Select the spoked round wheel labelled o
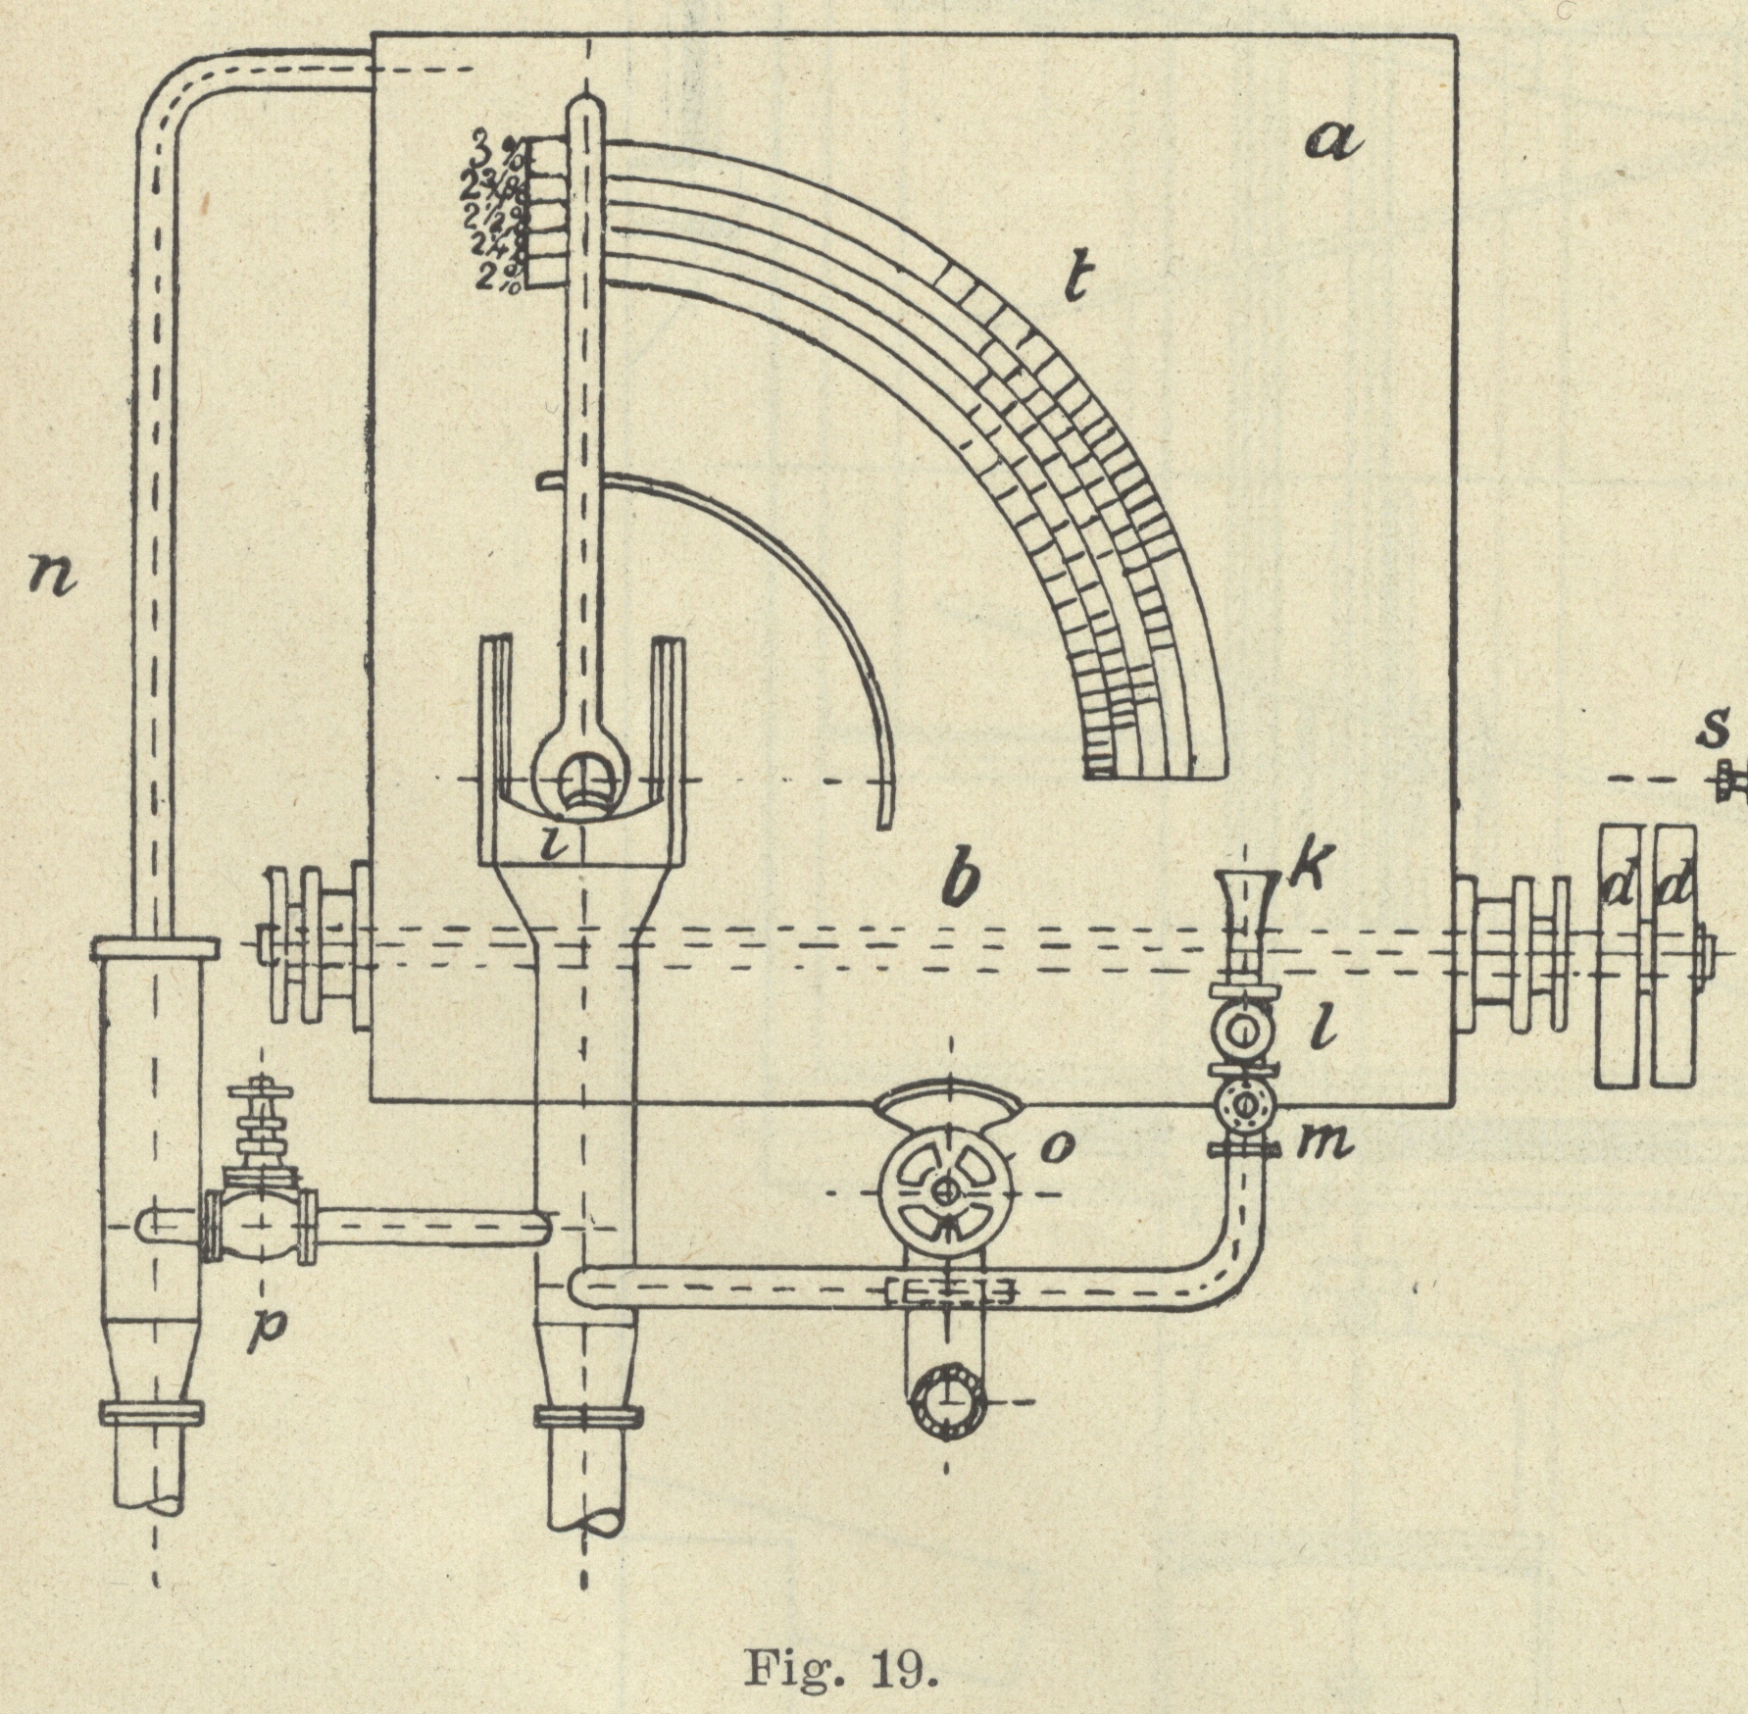945,1192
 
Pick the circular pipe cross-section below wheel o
947,1400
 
